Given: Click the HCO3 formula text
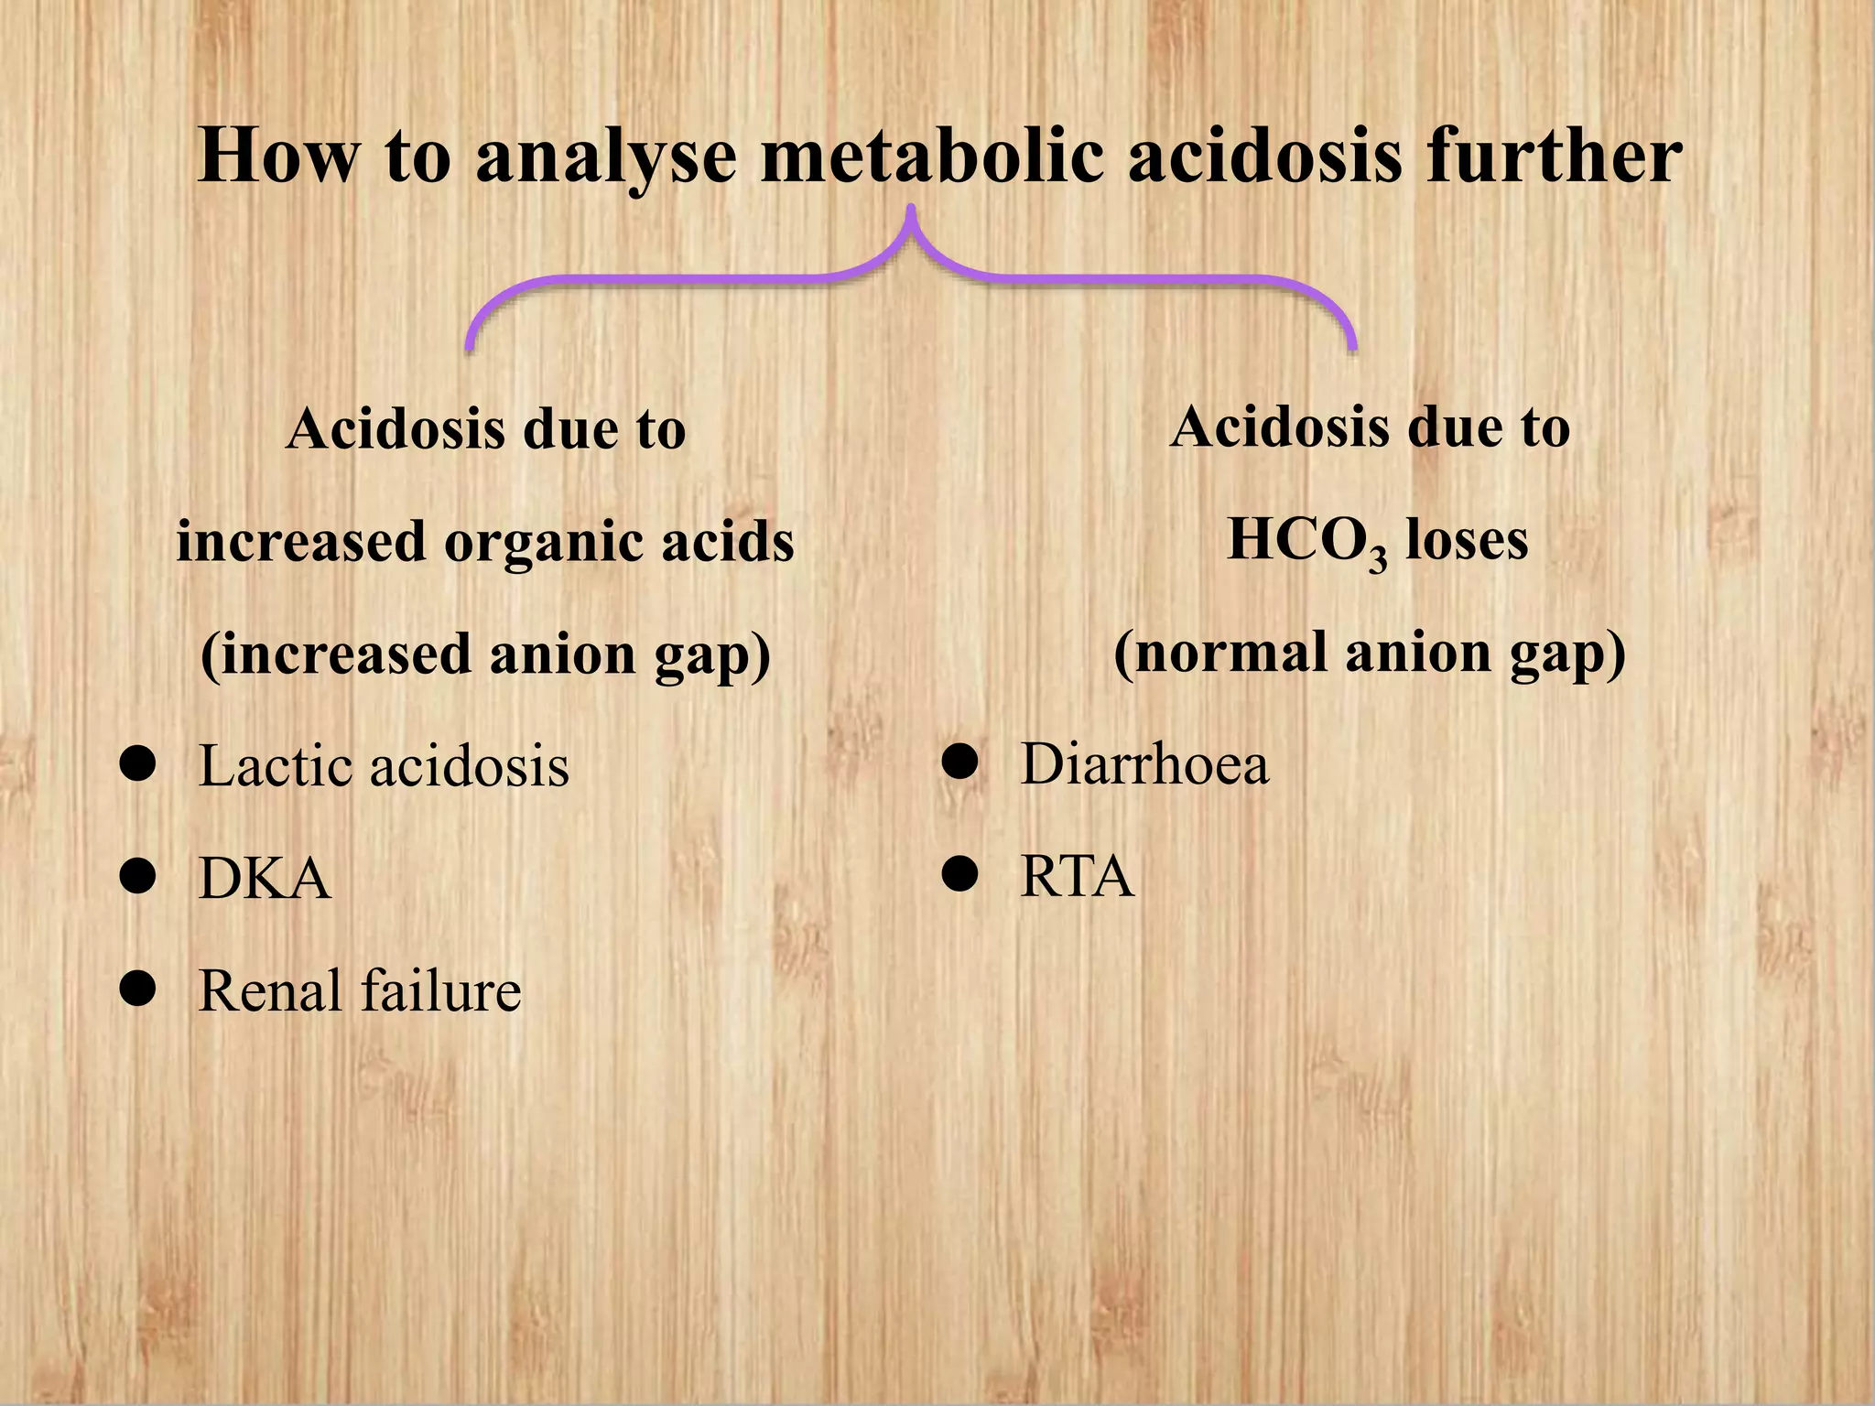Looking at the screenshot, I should (x=1306, y=541).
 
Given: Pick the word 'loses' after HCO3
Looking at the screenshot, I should (x=1466, y=539).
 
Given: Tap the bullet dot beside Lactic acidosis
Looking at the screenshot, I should (x=137, y=764).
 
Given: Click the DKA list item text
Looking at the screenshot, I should (x=265, y=879).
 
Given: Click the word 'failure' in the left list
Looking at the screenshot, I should (x=440, y=990).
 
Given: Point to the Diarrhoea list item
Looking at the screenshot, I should (x=1144, y=763).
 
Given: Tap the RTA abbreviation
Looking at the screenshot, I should (x=1077, y=876).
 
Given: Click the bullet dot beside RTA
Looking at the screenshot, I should (x=960, y=875).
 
